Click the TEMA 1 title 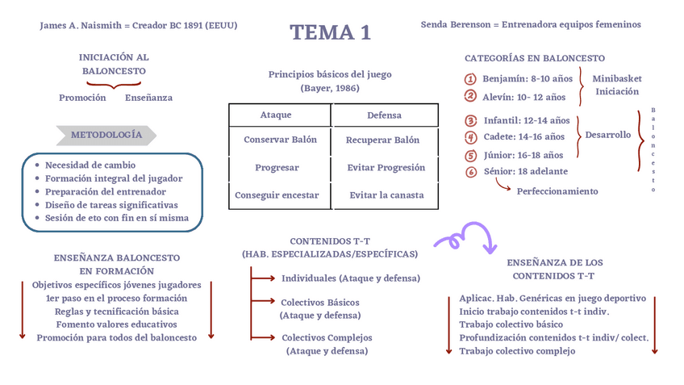click(331, 33)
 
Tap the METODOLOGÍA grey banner click(106, 135)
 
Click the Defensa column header click(384, 115)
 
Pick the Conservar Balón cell click(281, 140)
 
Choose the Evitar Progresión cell click(386, 168)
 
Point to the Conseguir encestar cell click(277, 195)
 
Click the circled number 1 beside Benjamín click(470, 79)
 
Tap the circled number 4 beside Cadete click(471, 137)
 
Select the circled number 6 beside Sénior click(471, 171)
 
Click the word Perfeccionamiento click(557, 191)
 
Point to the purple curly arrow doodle click(465, 236)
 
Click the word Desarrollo click(608, 135)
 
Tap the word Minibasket click(617, 79)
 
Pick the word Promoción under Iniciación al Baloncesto click(82, 98)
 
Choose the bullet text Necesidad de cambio click(90, 165)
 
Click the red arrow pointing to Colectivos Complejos click(263, 337)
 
